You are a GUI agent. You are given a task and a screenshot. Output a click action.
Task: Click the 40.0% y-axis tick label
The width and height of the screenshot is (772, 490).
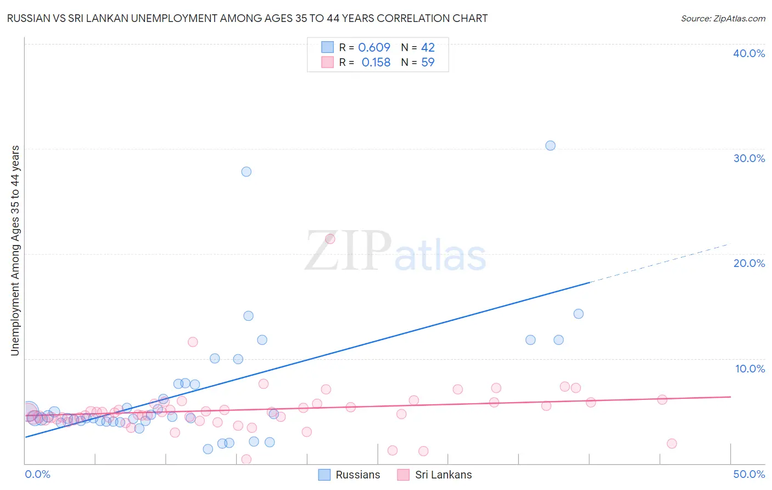click(749, 53)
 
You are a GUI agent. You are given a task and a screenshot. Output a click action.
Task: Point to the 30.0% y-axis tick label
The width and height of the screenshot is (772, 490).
click(749, 158)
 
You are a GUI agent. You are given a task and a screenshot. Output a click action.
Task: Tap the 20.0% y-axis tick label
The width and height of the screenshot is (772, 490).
click(749, 263)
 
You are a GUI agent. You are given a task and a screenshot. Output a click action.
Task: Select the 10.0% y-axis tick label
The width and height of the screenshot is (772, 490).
click(750, 369)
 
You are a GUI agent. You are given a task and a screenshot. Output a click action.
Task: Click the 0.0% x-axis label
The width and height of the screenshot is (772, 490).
click(37, 474)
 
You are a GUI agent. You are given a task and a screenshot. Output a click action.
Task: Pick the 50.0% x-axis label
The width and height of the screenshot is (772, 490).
click(749, 474)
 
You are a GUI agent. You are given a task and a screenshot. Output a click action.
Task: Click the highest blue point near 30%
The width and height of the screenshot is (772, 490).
click(550, 146)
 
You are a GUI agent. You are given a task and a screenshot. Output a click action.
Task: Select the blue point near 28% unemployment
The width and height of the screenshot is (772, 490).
click(247, 171)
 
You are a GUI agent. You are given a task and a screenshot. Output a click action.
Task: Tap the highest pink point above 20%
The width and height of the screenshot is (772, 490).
click(330, 239)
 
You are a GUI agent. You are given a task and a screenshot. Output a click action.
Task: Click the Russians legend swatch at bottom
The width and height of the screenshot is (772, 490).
click(325, 475)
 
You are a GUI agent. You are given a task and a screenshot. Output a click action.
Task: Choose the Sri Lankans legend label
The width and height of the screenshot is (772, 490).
click(443, 475)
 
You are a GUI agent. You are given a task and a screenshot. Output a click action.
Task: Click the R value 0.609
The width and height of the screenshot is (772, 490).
click(374, 47)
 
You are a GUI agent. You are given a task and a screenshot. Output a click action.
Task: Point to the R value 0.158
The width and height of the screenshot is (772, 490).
click(376, 62)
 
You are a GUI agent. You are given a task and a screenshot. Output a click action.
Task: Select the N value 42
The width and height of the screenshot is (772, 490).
click(428, 47)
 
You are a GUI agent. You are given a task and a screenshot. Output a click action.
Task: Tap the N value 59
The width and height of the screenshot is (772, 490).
click(428, 62)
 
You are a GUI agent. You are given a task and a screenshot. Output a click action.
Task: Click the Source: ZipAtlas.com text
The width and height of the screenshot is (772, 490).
click(723, 19)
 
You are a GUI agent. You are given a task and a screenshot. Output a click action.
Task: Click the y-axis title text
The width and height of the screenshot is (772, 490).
click(15, 250)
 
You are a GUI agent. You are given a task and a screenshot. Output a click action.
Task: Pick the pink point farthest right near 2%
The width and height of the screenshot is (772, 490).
click(672, 443)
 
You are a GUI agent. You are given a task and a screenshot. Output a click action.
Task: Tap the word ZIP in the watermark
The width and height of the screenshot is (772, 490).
click(348, 251)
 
